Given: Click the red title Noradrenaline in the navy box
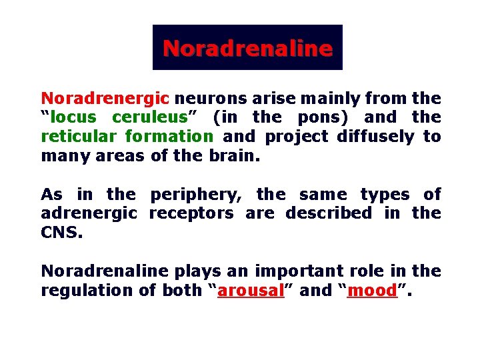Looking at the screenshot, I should pos(247,48).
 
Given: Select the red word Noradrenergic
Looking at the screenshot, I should pos(105,99).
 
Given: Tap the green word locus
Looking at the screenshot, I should pos(72,117).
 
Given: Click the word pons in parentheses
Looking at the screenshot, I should pos(327,117).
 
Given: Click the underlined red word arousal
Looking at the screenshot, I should pos(251,291).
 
